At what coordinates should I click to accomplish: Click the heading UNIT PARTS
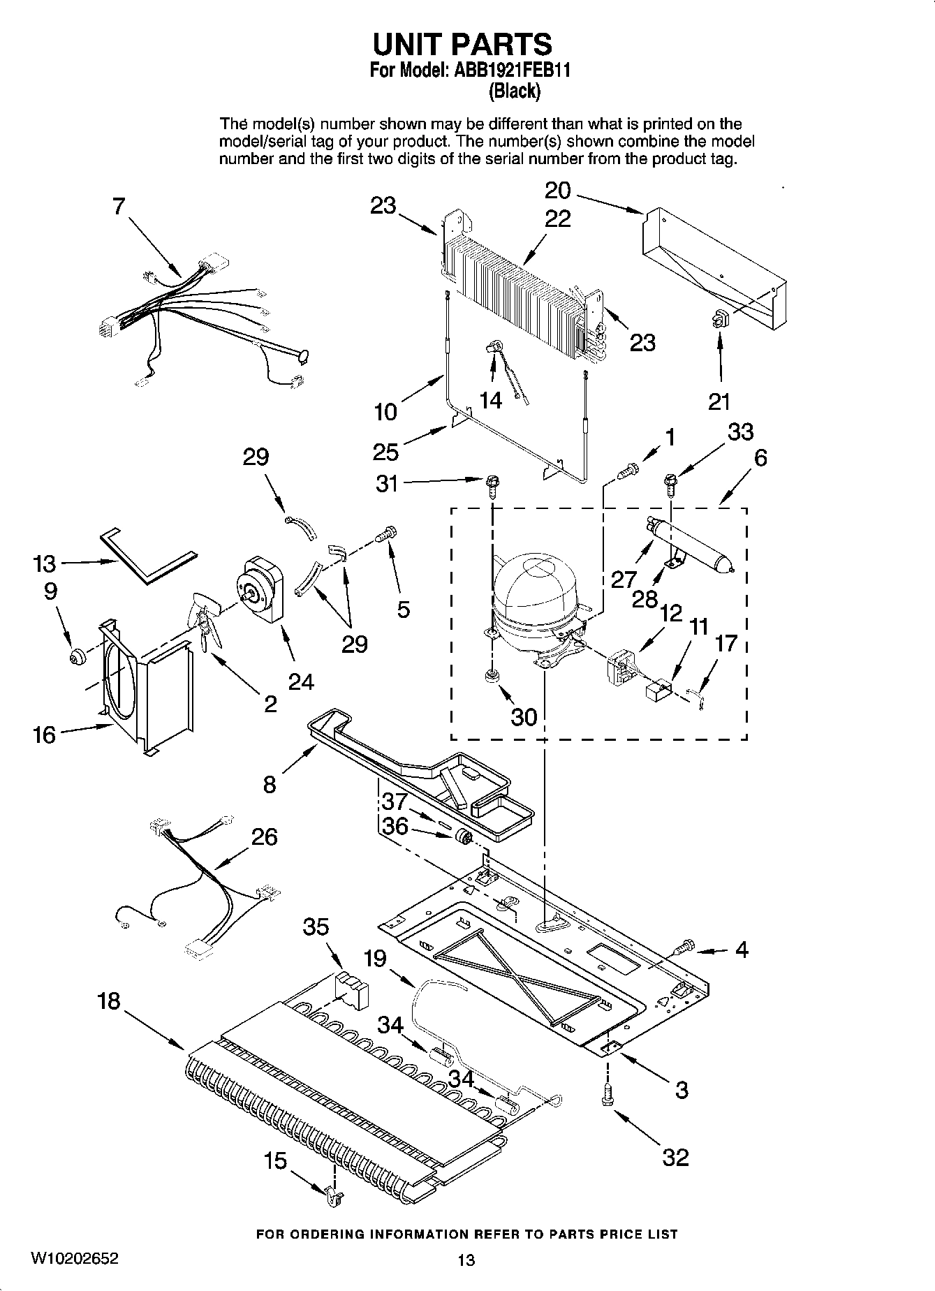click(462, 45)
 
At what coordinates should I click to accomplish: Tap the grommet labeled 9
click(76, 656)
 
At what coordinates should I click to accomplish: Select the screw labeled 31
click(492, 483)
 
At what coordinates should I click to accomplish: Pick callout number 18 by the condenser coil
click(109, 1001)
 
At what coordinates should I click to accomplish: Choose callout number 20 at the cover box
click(557, 190)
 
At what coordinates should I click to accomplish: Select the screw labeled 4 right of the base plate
click(684, 947)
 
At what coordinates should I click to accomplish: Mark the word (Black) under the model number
click(515, 91)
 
